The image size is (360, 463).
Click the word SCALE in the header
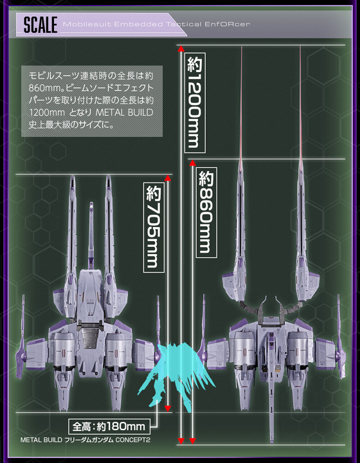tap(40, 25)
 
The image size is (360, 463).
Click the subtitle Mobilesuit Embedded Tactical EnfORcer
tap(156, 24)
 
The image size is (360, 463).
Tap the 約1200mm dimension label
tap(195, 103)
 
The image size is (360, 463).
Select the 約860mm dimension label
tap(206, 212)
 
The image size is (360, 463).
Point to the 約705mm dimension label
tap(154, 227)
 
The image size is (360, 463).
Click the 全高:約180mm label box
tap(109, 426)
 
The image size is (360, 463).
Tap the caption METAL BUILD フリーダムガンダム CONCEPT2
tap(85, 440)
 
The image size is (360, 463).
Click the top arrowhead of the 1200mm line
tap(181, 48)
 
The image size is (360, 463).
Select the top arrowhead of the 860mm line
tap(192, 163)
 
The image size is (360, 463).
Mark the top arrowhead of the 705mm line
tap(168, 178)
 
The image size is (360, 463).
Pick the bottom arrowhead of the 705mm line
tap(168, 409)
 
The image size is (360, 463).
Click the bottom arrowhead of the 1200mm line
tap(181, 441)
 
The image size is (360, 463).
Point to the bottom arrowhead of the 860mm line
tap(192, 441)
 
